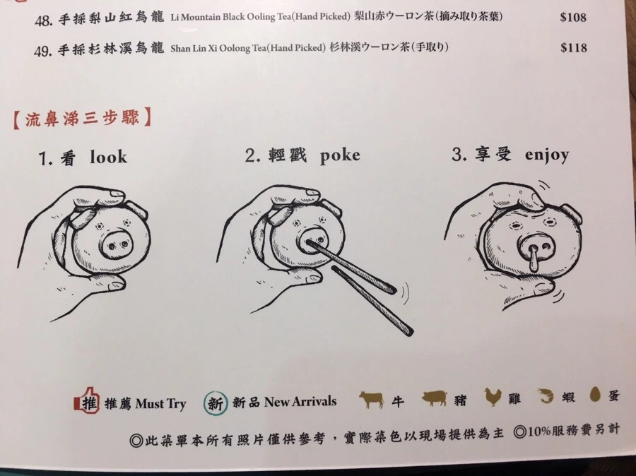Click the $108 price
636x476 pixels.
(573, 18)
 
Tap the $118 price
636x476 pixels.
(574, 48)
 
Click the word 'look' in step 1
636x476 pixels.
(108, 157)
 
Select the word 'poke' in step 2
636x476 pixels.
(339, 156)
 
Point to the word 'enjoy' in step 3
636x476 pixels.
(547, 155)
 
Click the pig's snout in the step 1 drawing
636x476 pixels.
(117, 244)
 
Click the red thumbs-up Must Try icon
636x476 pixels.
(86, 400)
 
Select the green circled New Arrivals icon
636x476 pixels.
(216, 403)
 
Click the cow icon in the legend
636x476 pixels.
(372, 399)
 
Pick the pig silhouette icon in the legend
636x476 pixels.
(435, 398)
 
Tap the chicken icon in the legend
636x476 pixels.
(493, 397)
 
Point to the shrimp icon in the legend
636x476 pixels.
(546, 395)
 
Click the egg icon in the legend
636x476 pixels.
(595, 394)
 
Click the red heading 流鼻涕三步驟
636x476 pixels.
(83, 119)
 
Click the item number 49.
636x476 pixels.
(43, 51)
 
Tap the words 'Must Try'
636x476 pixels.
(160, 404)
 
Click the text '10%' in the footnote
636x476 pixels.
(539, 432)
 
